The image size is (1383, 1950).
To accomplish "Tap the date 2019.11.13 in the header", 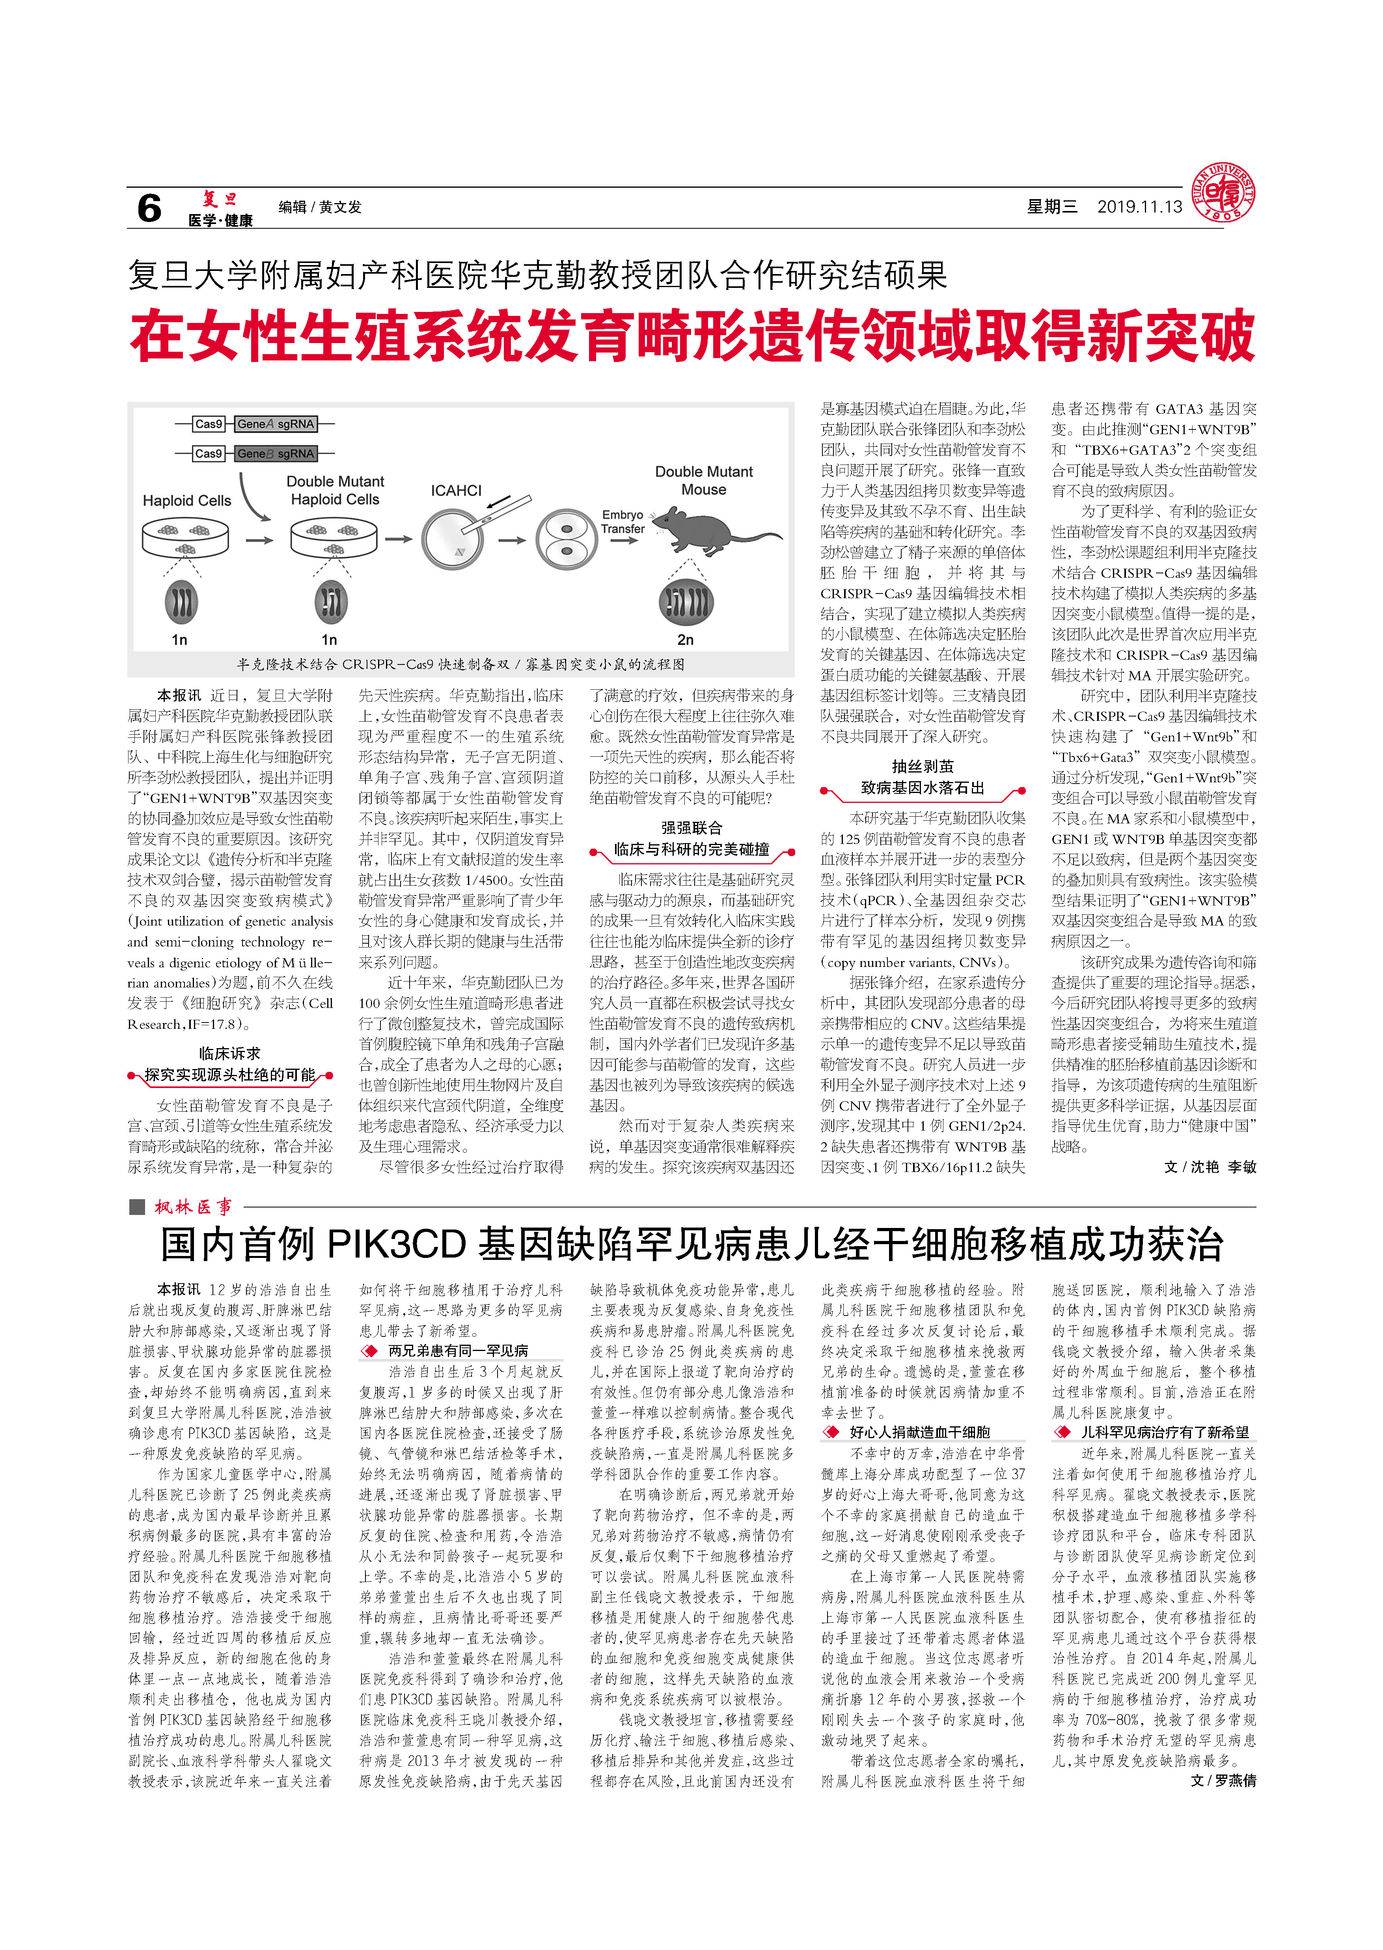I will [1139, 207].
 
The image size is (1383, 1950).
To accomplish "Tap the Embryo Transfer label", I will [623, 521].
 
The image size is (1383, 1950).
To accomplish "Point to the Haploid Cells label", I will [186, 501].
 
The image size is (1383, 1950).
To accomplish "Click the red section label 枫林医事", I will [193, 1206].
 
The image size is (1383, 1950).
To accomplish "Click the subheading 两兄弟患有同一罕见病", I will [458, 1350].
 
